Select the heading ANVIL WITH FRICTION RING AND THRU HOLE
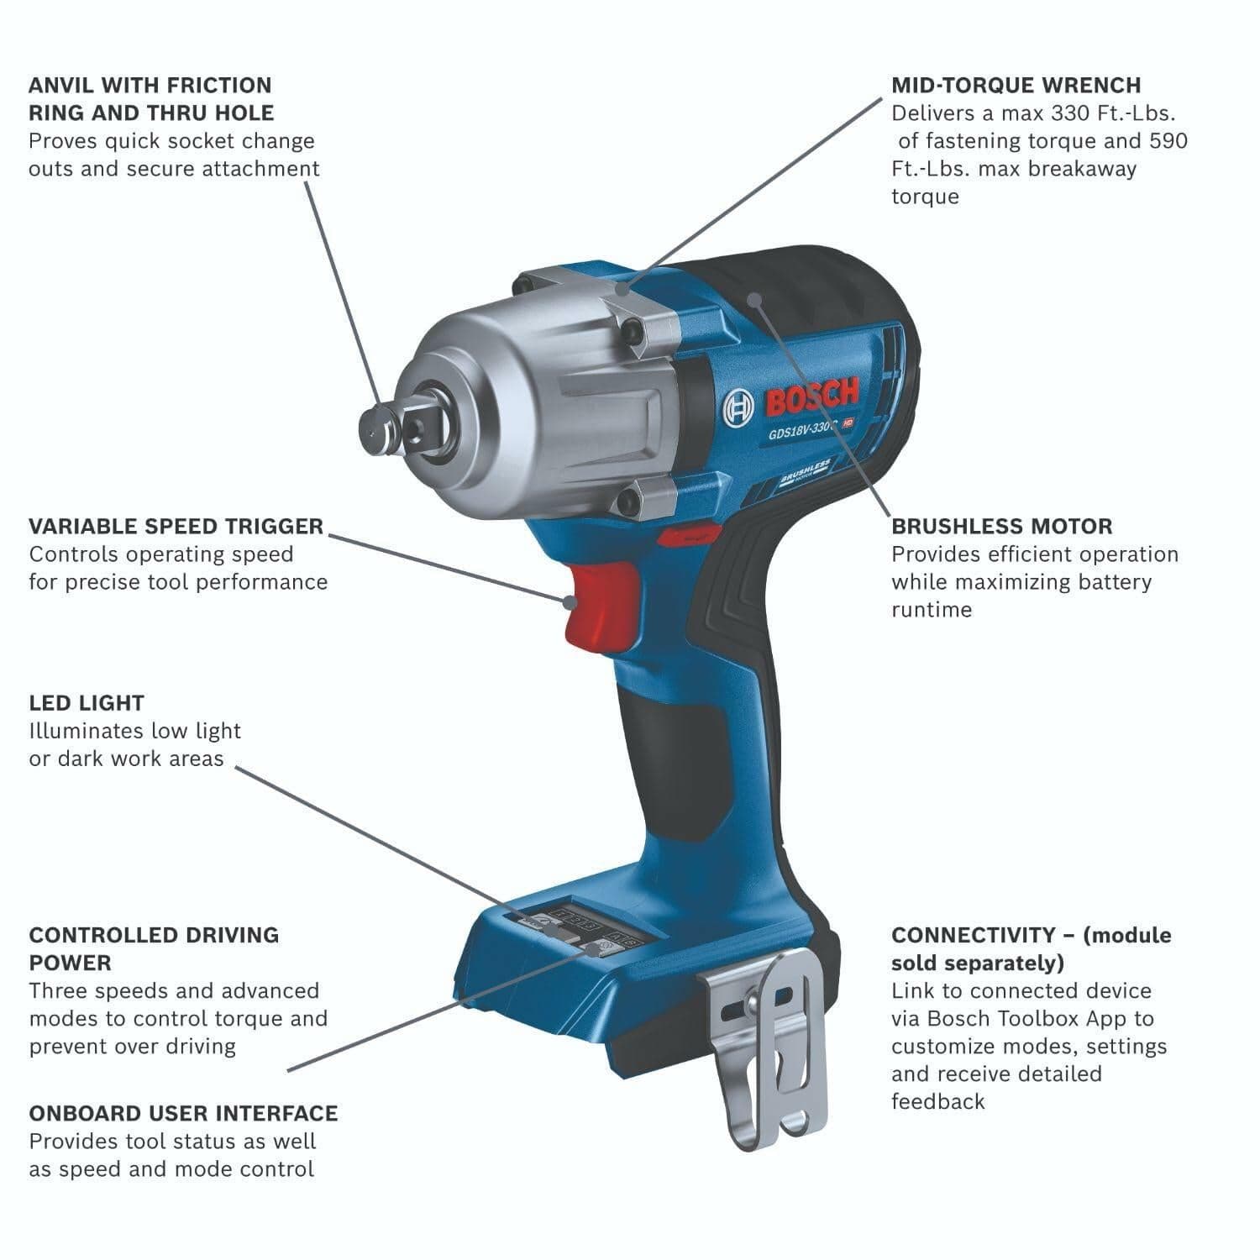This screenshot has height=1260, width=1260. (x=150, y=98)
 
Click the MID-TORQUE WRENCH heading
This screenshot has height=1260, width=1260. (x=1016, y=85)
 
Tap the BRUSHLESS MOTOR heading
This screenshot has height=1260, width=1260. (x=1001, y=527)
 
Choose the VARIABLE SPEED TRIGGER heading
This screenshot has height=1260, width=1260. (x=176, y=527)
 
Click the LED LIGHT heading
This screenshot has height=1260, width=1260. (x=87, y=703)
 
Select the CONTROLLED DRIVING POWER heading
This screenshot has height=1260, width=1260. (x=154, y=948)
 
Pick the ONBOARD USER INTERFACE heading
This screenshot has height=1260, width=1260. (x=183, y=1114)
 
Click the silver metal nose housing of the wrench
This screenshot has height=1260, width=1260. (x=521, y=370)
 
